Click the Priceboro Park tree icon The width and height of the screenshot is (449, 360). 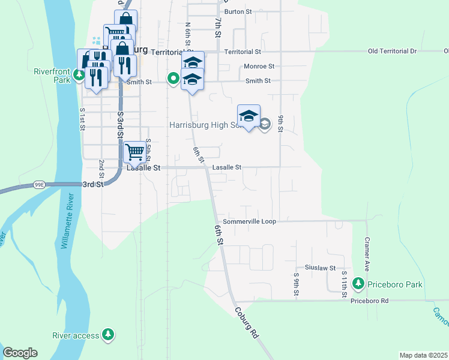tap(359, 283)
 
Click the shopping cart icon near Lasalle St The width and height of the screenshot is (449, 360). tap(136, 152)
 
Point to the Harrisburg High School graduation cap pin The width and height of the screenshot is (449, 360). tap(249, 116)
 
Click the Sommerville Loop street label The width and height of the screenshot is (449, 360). tap(249, 221)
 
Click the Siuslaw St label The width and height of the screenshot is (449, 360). tap(319, 268)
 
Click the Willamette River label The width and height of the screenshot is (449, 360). tap(66, 221)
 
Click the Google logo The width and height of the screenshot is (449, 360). tap(20, 353)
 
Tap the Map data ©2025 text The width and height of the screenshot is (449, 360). tap(424, 355)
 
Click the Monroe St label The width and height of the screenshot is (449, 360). tap(259, 67)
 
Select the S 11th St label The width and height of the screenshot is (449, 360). tap(345, 284)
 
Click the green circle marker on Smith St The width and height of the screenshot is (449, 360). tap(173, 77)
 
